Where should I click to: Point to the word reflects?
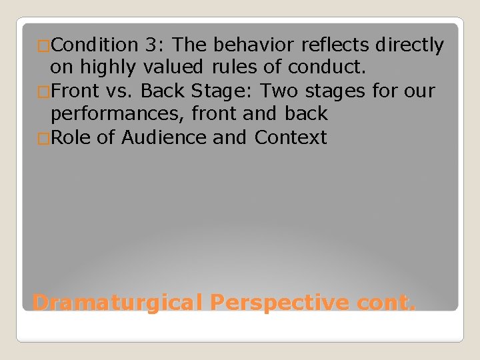click(337, 45)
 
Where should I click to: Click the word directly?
click(409, 45)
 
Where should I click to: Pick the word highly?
click(106, 68)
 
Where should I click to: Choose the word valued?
click(176, 68)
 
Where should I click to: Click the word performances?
click(118, 114)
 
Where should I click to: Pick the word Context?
click(291, 137)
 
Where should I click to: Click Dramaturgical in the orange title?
click(117, 303)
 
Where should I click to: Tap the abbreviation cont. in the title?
click(386, 303)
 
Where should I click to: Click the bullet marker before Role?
click(44, 138)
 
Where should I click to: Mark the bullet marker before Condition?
click(44, 46)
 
